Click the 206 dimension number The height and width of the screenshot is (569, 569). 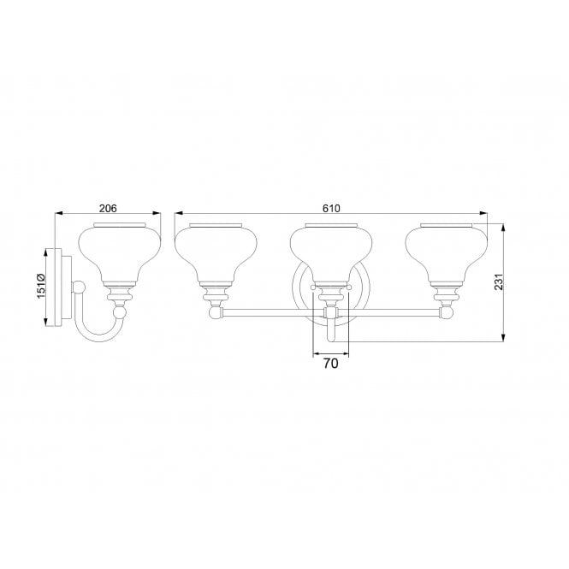[x=108, y=208]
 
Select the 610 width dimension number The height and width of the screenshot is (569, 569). [x=332, y=208]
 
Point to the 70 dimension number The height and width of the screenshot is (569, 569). [x=331, y=364]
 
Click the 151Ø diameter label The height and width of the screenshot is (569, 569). [x=39, y=287]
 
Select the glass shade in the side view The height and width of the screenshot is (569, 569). [x=120, y=253]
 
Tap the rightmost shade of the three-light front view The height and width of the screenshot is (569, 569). [x=446, y=253]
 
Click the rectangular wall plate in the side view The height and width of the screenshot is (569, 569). [x=54, y=287]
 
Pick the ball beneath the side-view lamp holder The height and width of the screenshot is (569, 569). [x=120, y=315]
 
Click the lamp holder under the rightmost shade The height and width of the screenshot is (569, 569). [x=446, y=295]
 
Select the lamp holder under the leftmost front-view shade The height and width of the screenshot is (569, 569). [x=216, y=295]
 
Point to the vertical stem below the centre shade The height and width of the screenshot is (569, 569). [x=331, y=329]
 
